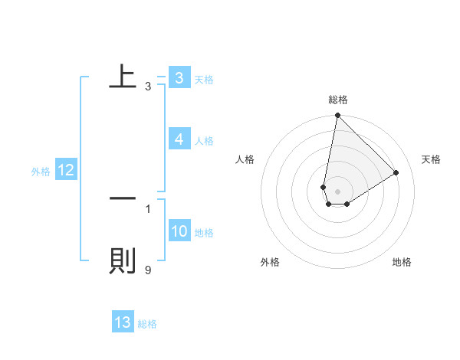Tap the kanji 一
(123, 198)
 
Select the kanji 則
(123, 260)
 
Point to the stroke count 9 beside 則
(148, 270)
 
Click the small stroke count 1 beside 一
(148, 208)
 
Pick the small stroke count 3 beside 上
(148, 87)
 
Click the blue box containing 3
(179, 78)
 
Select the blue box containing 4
(179, 139)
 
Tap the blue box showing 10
(179, 231)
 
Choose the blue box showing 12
(66, 171)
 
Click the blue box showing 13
(123, 322)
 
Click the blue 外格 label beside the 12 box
(41, 172)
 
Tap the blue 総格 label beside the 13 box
(147, 324)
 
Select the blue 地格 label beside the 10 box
(204, 233)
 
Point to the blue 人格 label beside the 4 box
(204, 141)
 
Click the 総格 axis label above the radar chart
(337, 100)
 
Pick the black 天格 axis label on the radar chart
(431, 159)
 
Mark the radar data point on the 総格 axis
(337, 116)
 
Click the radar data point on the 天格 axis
(396, 172)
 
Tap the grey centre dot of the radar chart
(337, 191)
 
